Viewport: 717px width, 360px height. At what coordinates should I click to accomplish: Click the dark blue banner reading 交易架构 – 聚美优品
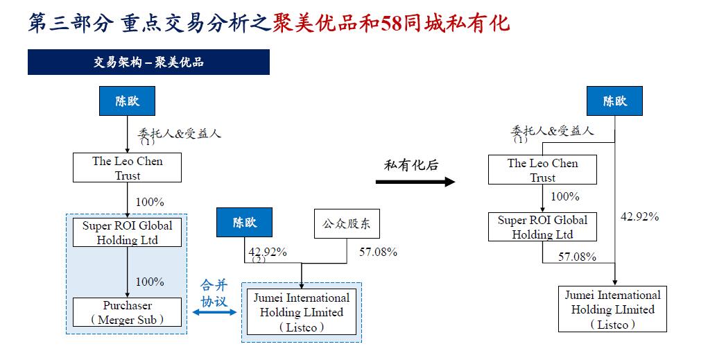click(x=148, y=62)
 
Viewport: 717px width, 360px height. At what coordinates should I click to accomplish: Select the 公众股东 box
click(x=347, y=223)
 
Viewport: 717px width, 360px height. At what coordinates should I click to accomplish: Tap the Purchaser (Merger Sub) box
click(x=128, y=312)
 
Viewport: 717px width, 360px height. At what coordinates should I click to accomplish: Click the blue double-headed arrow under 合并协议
click(x=214, y=313)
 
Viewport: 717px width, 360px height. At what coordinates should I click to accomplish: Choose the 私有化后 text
click(x=411, y=165)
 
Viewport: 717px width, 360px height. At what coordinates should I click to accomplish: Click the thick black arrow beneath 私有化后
click(x=415, y=182)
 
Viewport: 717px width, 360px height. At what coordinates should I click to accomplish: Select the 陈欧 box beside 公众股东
click(x=244, y=223)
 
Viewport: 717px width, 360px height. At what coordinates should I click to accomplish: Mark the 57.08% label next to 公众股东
click(x=378, y=252)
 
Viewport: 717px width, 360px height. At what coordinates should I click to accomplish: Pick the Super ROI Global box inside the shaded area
click(x=128, y=232)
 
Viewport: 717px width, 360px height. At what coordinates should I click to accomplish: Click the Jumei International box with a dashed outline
click(x=302, y=312)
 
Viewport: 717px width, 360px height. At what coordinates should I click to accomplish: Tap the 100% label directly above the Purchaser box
click(x=150, y=282)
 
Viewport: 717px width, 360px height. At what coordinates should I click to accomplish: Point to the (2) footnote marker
click(x=258, y=259)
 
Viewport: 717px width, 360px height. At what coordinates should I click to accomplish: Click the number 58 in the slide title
click(x=395, y=23)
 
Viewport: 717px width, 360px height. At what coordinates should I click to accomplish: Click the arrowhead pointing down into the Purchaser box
click(x=128, y=293)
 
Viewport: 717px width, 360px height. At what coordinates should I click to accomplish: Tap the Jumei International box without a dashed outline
click(x=612, y=309)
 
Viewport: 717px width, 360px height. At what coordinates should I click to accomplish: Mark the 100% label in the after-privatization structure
click(x=564, y=197)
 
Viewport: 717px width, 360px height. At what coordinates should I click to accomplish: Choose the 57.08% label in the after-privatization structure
click(x=578, y=257)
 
